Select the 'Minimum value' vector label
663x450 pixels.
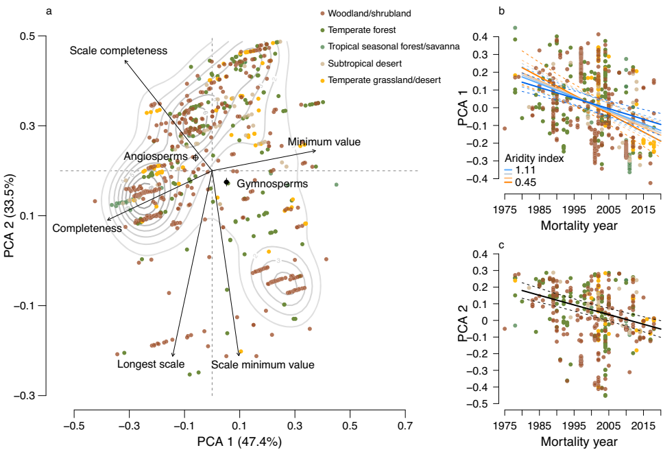coord(324,142)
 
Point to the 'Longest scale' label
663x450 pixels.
coord(150,364)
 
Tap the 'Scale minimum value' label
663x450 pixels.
coord(263,365)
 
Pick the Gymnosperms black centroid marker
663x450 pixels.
coord(227,182)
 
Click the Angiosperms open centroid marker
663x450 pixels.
coord(195,157)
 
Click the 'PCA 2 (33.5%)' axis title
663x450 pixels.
coord(10,215)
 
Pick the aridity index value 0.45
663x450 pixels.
coord(525,182)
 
